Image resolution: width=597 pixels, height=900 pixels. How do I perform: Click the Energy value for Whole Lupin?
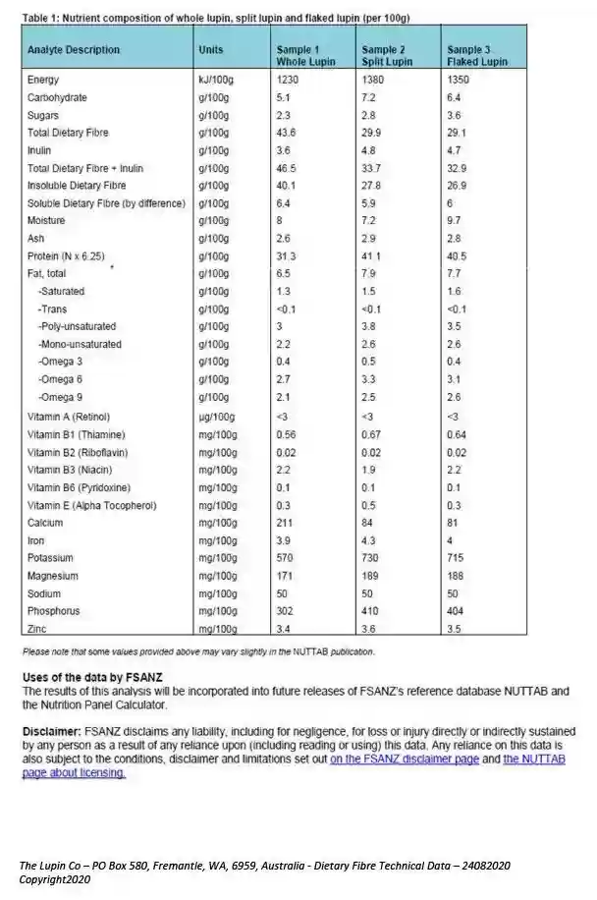click(x=288, y=80)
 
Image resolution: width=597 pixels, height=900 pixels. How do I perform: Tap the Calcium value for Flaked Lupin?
click(x=454, y=523)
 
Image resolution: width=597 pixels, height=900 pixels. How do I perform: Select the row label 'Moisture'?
click(x=47, y=220)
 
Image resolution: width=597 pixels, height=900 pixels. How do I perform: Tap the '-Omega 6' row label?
click(x=61, y=378)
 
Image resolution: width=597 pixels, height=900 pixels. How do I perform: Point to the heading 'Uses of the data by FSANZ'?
click(x=92, y=678)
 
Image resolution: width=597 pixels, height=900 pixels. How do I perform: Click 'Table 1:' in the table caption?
click(x=42, y=18)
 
